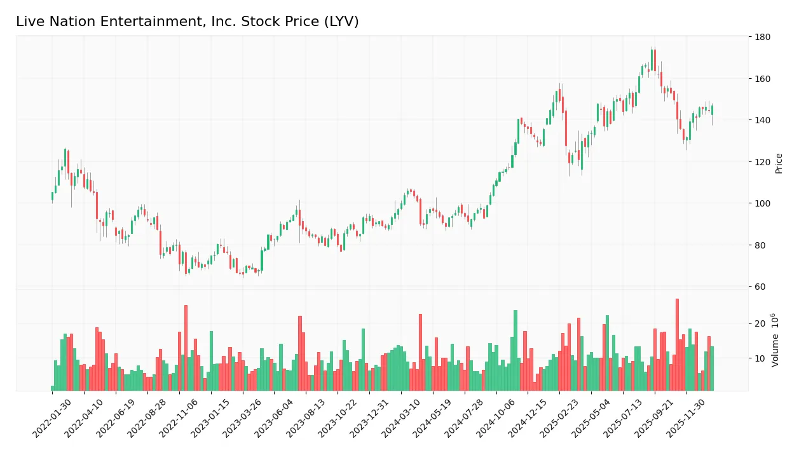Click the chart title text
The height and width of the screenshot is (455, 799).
pos(187,22)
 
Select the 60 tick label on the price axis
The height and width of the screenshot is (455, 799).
pos(760,287)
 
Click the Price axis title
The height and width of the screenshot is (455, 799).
pos(779,163)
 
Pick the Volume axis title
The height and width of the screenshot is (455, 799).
pos(775,340)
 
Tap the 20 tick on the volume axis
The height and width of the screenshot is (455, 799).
pos(760,324)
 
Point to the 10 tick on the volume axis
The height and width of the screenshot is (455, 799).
pos(760,359)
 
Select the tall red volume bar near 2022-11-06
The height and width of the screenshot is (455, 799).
pos(186,348)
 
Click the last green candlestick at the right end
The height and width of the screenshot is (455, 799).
pos(712,110)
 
